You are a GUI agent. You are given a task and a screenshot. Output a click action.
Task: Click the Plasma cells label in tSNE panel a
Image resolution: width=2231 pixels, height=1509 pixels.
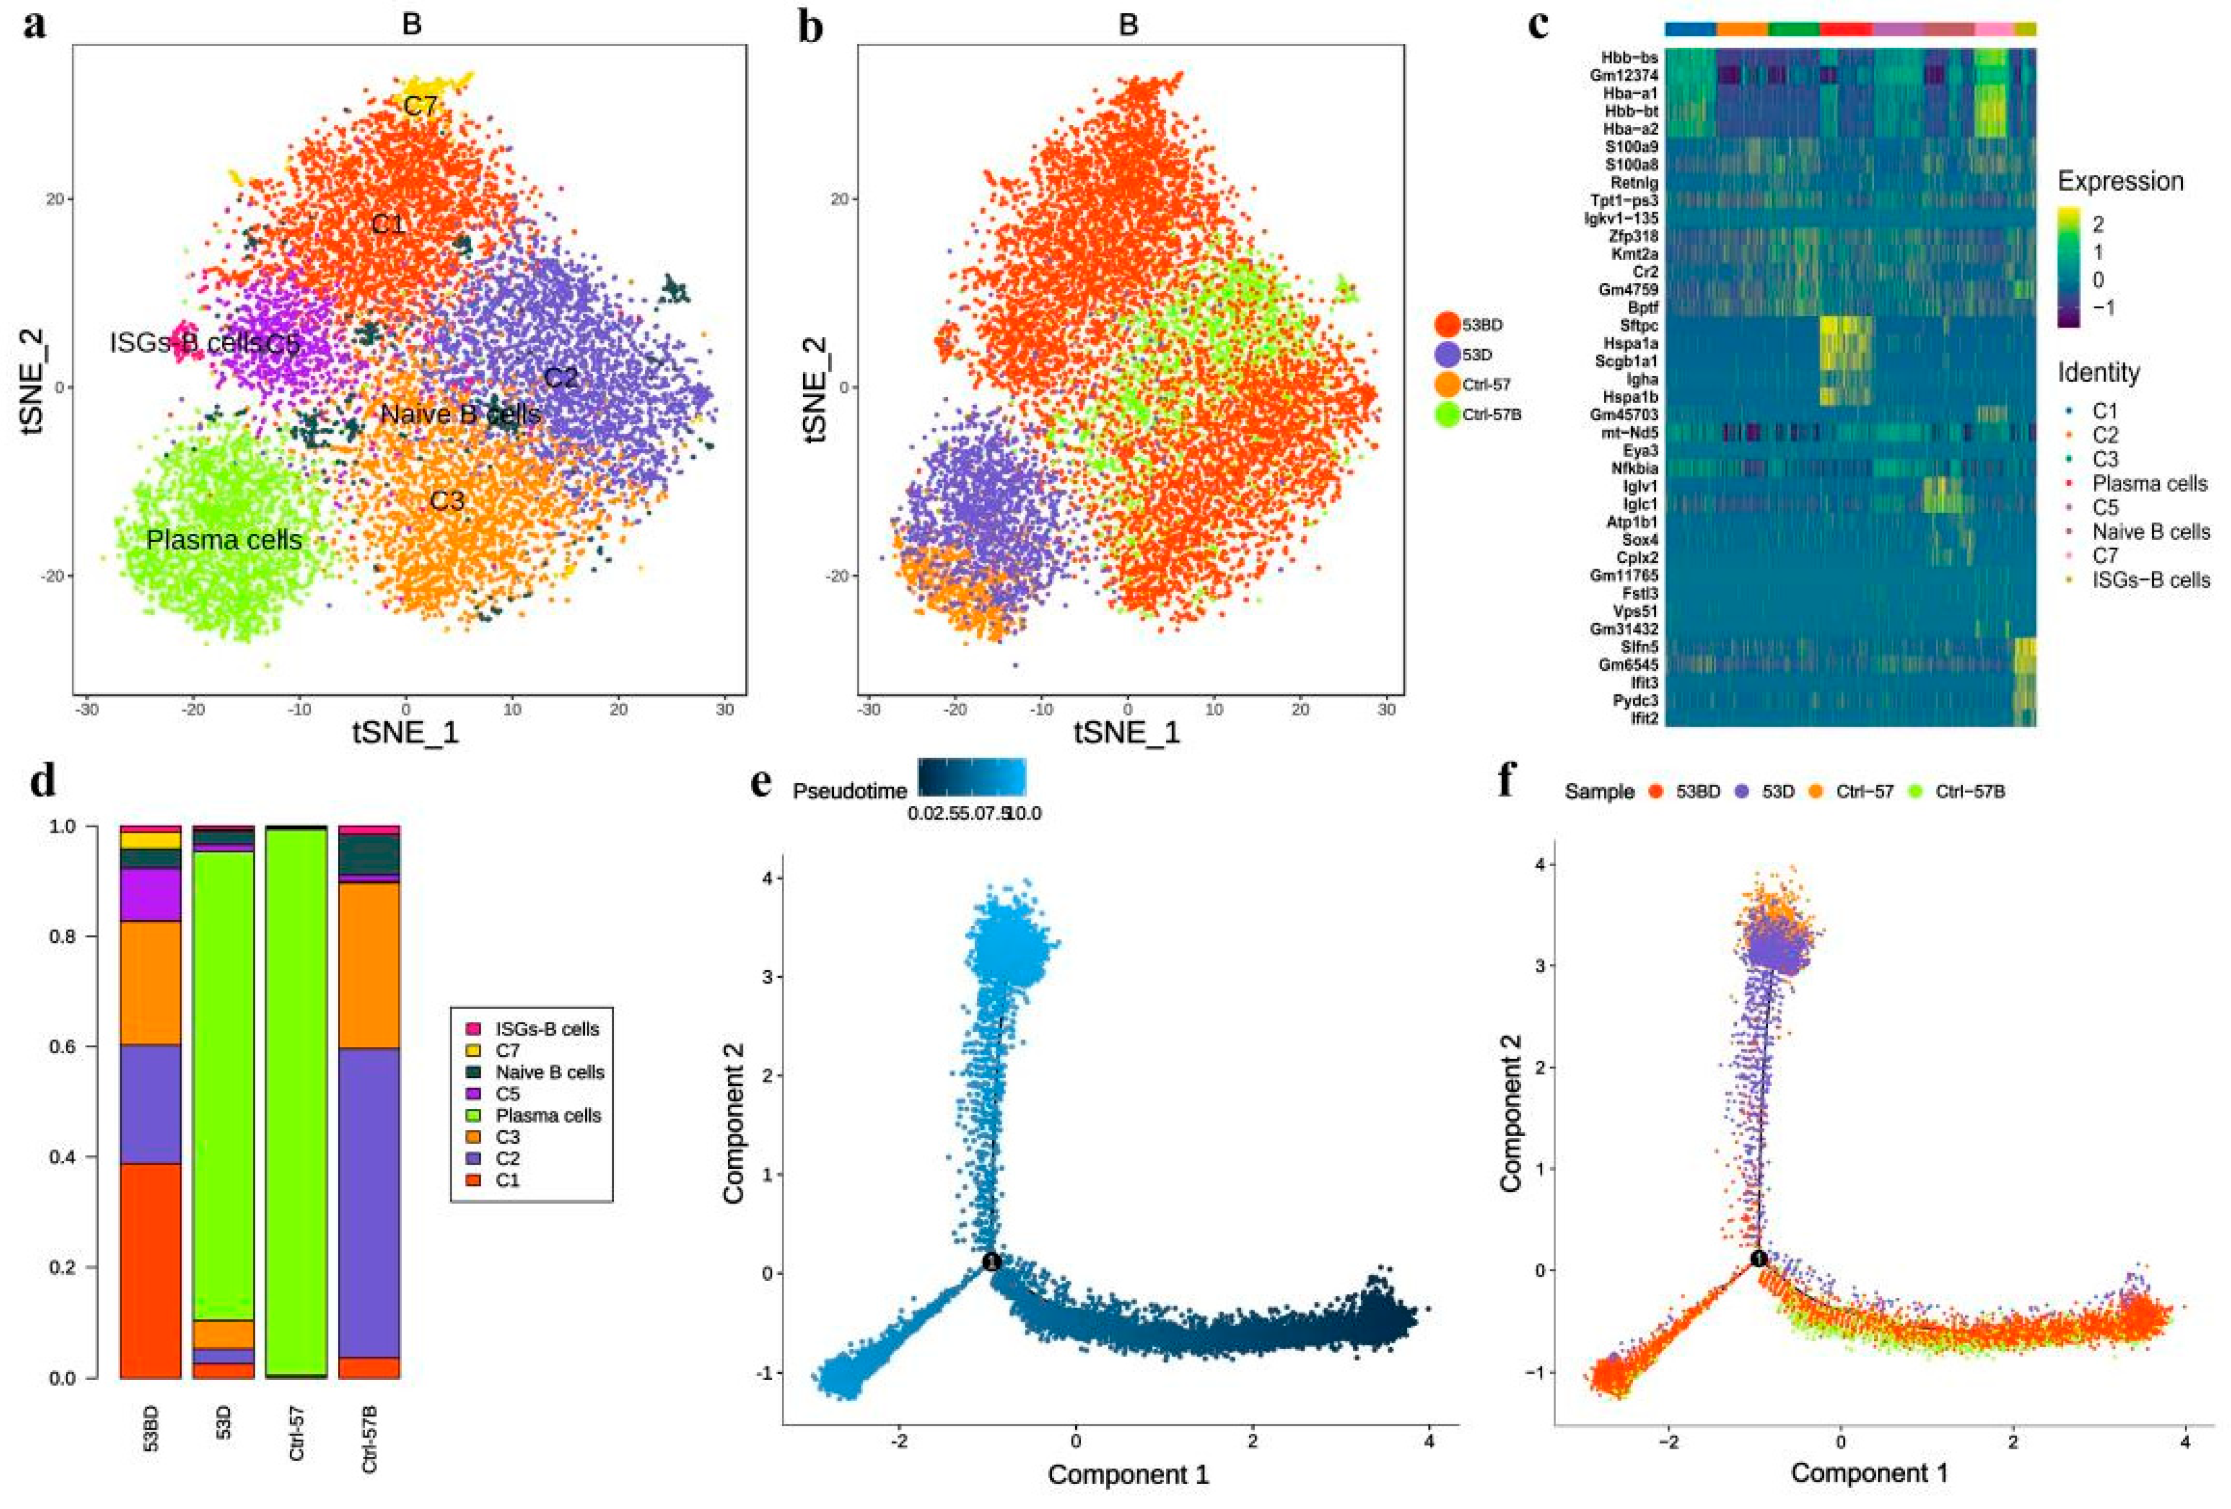[223, 541]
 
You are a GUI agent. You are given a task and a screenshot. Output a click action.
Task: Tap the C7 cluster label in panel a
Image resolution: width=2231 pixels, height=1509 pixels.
[420, 105]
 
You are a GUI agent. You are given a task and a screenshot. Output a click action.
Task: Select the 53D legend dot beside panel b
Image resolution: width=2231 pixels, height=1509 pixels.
[1447, 354]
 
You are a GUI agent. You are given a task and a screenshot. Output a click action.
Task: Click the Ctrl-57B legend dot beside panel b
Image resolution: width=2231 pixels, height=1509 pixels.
[1447, 415]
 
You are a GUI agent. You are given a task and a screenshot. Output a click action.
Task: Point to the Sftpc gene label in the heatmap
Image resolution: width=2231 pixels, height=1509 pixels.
[1639, 325]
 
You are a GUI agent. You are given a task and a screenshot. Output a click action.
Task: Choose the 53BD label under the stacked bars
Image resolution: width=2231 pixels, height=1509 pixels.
[151, 1427]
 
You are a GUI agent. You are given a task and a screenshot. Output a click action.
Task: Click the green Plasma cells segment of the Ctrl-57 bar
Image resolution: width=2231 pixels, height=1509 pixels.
[296, 1104]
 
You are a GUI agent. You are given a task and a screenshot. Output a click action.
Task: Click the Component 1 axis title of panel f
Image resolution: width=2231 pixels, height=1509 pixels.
[1869, 1472]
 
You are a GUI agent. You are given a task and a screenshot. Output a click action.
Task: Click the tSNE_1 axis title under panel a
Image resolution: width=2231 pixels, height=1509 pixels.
[406, 733]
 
